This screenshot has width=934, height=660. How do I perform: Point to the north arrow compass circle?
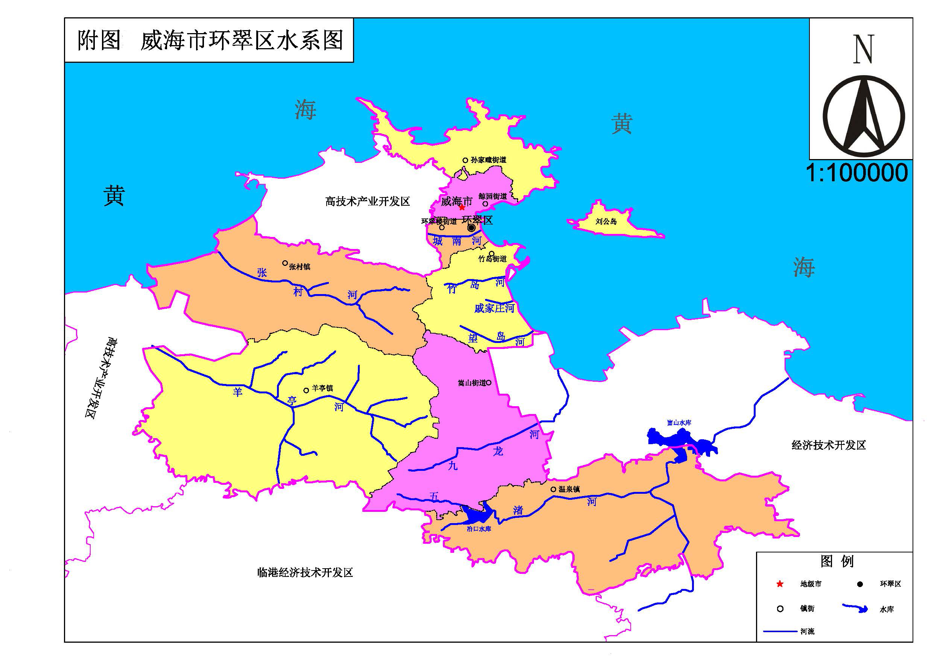pos(863,116)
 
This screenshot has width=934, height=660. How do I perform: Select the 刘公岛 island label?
pos(606,222)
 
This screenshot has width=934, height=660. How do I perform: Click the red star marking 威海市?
pos(462,207)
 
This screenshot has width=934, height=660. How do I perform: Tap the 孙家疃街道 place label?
pos(488,160)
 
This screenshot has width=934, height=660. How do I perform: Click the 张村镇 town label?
pos(300,267)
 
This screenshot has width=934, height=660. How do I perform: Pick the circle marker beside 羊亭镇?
pos(306,390)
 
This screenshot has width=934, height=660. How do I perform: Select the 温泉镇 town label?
pos(569,489)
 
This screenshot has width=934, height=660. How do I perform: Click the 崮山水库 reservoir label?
pos(679,423)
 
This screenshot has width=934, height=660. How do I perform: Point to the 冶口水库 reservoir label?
pos(479,529)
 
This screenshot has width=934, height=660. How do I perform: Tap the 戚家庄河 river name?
pos(494,309)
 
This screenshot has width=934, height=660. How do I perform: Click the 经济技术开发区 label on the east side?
pos(828,445)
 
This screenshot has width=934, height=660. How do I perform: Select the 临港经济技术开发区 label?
pos(305,573)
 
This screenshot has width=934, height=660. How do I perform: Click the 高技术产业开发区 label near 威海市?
pos(367,201)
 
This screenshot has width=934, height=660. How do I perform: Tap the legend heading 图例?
pos(837,561)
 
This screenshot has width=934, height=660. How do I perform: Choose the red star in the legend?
pos(780,584)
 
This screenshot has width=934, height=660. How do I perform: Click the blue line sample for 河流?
pos(779,631)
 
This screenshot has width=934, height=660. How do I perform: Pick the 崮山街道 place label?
pos(472,383)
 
